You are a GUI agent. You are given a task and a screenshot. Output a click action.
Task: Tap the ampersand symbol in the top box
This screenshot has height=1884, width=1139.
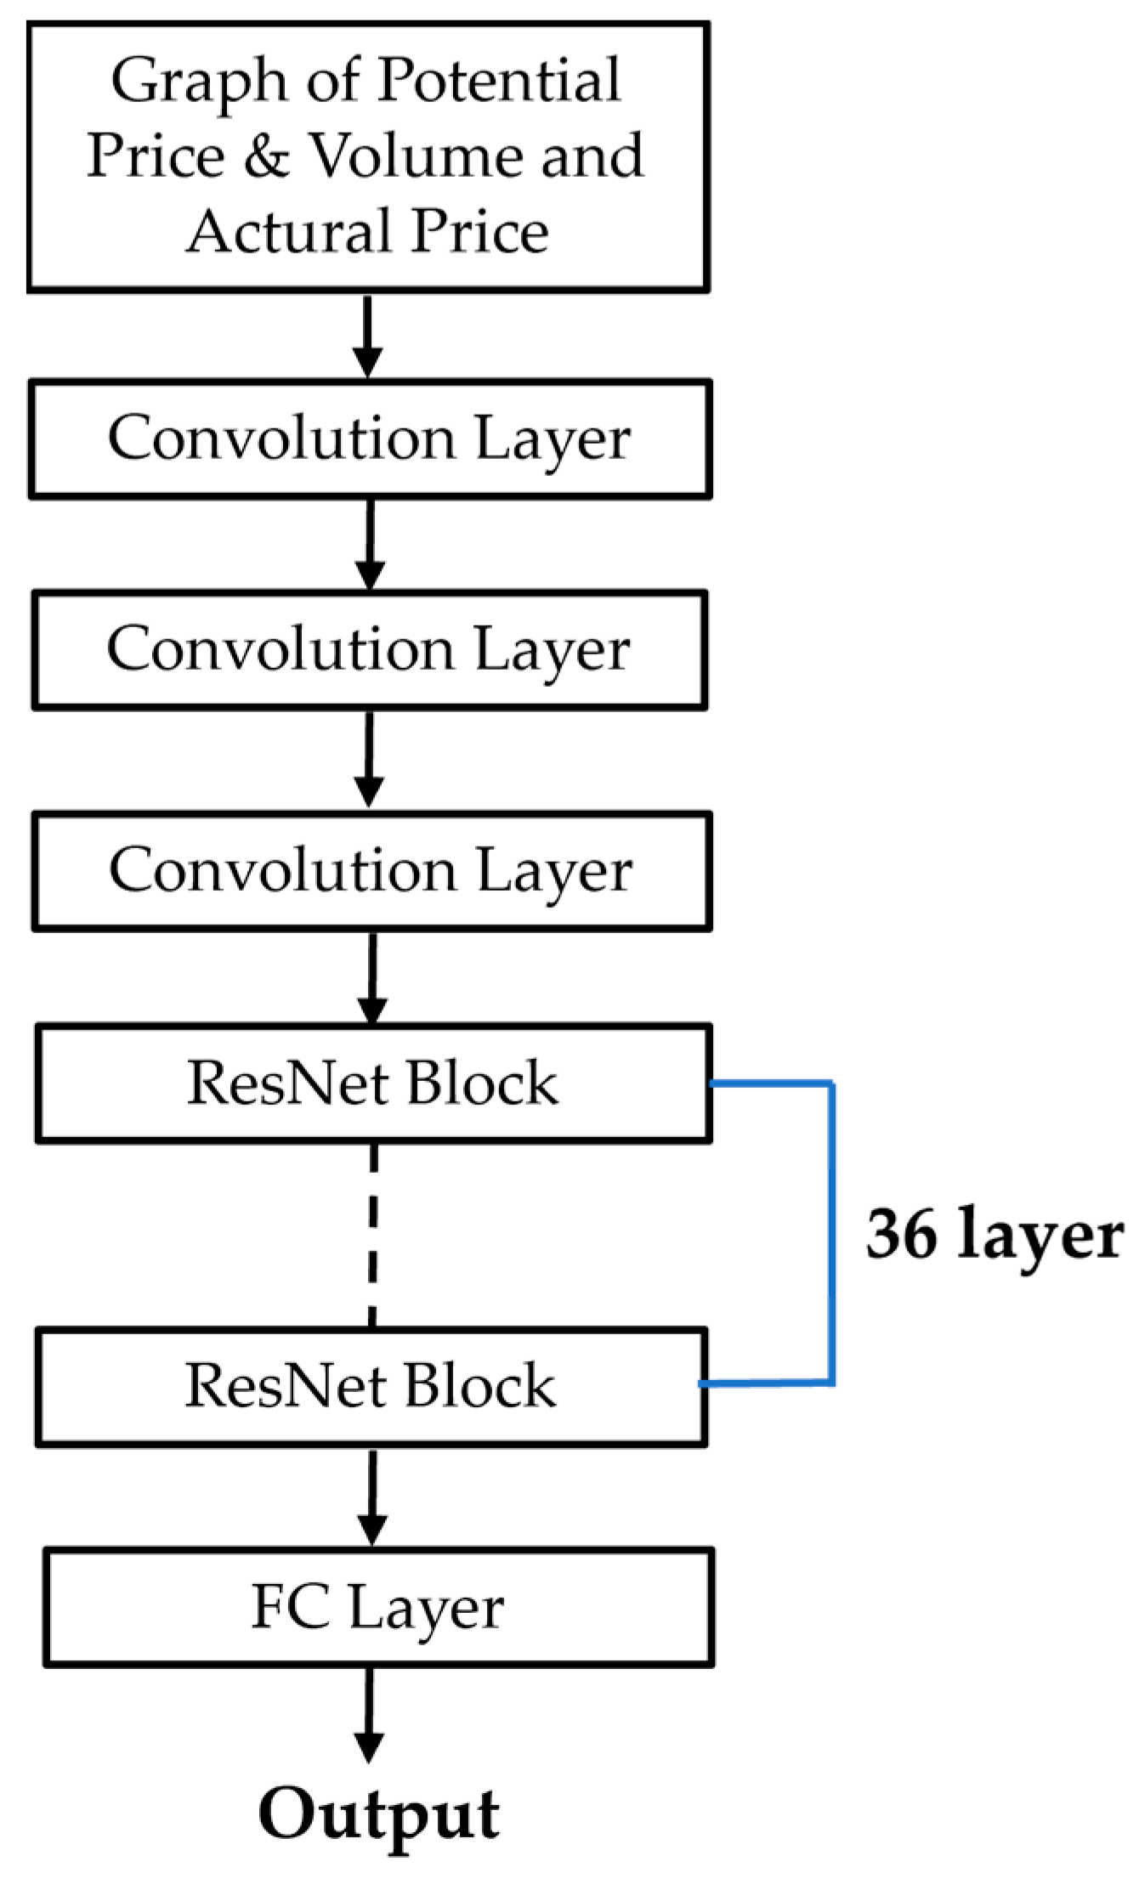point(266,156)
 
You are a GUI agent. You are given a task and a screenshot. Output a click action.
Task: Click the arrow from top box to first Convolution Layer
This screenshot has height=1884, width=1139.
point(367,336)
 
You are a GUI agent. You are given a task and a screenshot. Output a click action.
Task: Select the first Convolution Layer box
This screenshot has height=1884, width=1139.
point(369,438)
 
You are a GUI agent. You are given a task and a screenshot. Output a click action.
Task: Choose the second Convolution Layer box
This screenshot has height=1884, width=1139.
point(369,650)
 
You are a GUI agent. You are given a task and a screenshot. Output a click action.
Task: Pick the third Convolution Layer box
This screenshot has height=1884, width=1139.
point(371,871)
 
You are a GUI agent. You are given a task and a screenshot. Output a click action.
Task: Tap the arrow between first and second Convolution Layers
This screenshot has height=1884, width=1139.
point(369,544)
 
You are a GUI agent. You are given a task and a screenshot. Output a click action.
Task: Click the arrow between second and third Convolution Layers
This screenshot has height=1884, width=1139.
point(369,759)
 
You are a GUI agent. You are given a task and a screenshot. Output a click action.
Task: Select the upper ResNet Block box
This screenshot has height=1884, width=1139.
point(372,1083)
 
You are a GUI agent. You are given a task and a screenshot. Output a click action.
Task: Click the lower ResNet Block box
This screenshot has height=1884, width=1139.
point(371,1386)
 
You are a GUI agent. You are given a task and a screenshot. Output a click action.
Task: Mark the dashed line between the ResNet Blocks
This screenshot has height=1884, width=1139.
point(372,1234)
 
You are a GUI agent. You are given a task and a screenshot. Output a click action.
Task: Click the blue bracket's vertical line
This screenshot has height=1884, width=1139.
point(832,1234)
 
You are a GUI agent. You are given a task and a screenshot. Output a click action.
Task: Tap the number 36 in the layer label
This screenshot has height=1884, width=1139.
point(901,1234)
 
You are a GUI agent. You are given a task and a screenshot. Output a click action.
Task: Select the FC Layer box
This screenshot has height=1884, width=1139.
point(377,1607)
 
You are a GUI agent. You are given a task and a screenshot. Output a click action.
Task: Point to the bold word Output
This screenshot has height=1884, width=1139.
point(379,1814)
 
